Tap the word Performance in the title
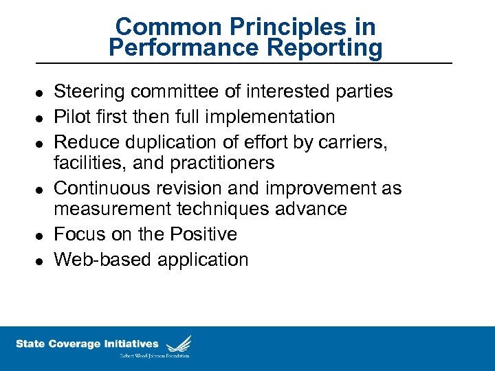click(182, 48)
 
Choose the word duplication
click(166, 142)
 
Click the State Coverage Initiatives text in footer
click(87, 344)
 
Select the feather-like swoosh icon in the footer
click(178, 343)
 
